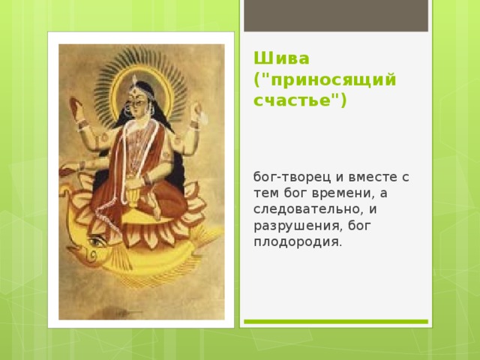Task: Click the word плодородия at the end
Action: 297,241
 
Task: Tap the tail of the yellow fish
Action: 208,238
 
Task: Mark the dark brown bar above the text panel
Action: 336,15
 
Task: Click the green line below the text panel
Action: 336,322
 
